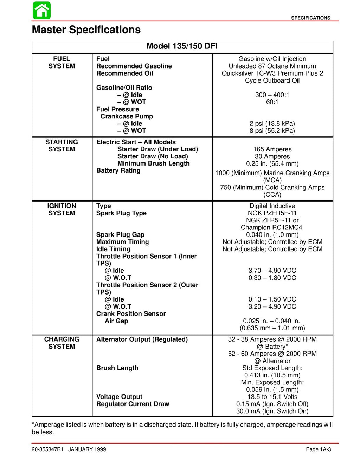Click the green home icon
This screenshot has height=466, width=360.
41,10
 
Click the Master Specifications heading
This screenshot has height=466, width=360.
86,30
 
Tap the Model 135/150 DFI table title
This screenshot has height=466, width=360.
182,46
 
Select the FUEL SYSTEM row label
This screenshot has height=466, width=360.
62,63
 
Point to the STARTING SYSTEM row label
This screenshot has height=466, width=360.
62,145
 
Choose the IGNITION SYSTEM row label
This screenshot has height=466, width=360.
62,209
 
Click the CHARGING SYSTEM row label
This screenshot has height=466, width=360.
62,343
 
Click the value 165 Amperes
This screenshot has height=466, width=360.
272,149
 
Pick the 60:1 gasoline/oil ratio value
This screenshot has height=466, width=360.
272,102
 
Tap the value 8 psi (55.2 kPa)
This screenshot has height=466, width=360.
272,131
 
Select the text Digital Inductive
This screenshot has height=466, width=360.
272,206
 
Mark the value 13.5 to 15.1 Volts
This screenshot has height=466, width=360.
272,397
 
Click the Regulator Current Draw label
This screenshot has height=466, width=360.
133,404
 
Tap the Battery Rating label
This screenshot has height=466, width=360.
118,170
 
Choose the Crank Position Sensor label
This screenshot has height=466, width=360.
131,314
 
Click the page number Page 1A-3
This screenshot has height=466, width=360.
318,449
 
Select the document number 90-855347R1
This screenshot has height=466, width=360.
47,449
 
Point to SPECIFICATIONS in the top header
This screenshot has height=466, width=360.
310,18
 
